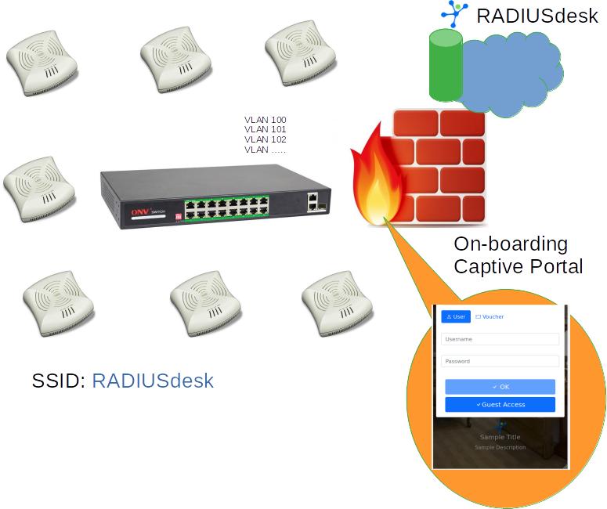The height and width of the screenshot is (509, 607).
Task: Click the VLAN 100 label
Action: tap(266, 120)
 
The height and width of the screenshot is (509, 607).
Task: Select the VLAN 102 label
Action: tap(266, 139)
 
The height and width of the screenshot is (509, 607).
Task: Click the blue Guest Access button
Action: tap(500, 404)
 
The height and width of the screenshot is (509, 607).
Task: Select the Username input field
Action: tap(500, 339)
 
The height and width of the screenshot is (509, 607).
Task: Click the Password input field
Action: tap(500, 361)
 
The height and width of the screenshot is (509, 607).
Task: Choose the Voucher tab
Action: tap(490, 316)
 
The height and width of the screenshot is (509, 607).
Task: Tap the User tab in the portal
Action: tap(456, 316)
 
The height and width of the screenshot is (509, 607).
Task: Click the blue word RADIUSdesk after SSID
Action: tap(153, 381)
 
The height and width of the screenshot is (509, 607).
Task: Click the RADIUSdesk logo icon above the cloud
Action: tap(453, 12)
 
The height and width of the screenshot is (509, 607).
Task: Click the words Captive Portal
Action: tap(518, 266)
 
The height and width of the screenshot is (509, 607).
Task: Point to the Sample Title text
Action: tap(500, 437)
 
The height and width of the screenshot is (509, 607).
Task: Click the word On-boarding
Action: tap(511, 244)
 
